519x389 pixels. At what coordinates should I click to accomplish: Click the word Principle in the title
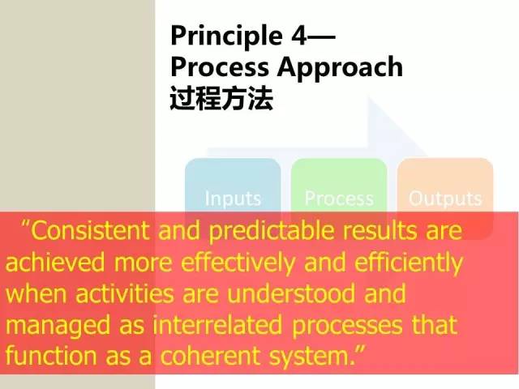(226, 36)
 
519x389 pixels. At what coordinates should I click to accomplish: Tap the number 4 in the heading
(299, 35)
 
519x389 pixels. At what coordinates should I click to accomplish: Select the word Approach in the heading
(340, 67)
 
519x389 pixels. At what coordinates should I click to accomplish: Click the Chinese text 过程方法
(221, 98)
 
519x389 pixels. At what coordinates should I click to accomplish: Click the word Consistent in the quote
(89, 230)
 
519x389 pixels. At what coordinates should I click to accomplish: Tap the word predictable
(269, 231)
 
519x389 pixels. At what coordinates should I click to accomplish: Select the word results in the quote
(380, 230)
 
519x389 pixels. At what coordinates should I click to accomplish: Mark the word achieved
(55, 262)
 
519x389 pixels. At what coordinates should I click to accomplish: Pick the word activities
(124, 293)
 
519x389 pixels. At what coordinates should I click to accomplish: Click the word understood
(290, 293)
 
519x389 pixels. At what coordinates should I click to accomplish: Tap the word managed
(58, 326)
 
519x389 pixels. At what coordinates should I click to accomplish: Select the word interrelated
(217, 324)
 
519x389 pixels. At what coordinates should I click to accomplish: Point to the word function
(51, 356)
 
